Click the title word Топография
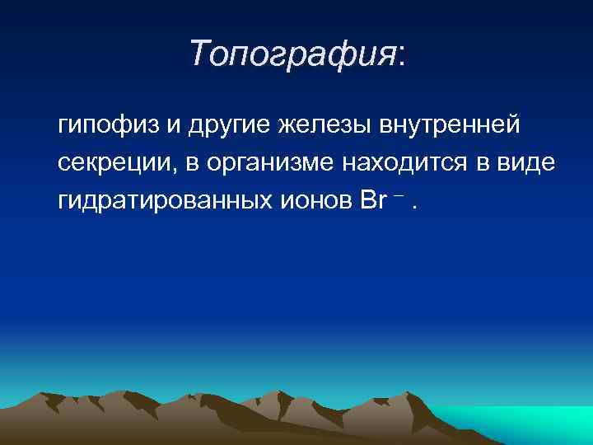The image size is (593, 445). point(292,54)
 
